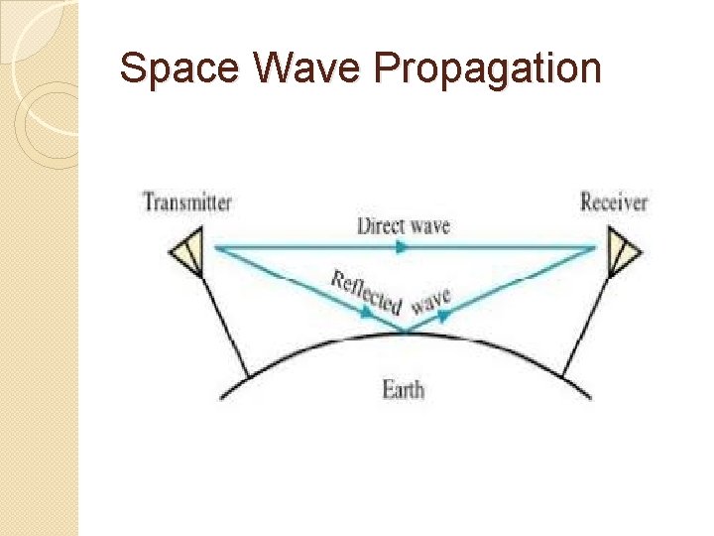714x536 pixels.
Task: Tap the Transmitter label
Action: [x=187, y=202]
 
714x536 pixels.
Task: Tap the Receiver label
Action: [x=613, y=202]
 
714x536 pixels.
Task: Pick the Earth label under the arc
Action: [x=403, y=388]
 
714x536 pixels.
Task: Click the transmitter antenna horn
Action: [x=187, y=252]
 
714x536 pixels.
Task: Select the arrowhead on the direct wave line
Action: [x=402, y=247]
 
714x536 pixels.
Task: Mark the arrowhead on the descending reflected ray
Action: [x=369, y=311]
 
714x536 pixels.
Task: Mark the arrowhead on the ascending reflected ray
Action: [x=444, y=313]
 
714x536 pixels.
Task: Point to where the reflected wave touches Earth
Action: [x=405, y=332]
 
